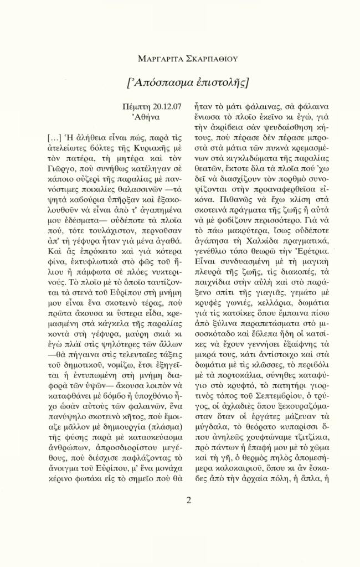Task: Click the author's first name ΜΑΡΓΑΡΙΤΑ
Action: tap(161, 58)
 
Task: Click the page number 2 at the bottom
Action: tap(188, 501)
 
